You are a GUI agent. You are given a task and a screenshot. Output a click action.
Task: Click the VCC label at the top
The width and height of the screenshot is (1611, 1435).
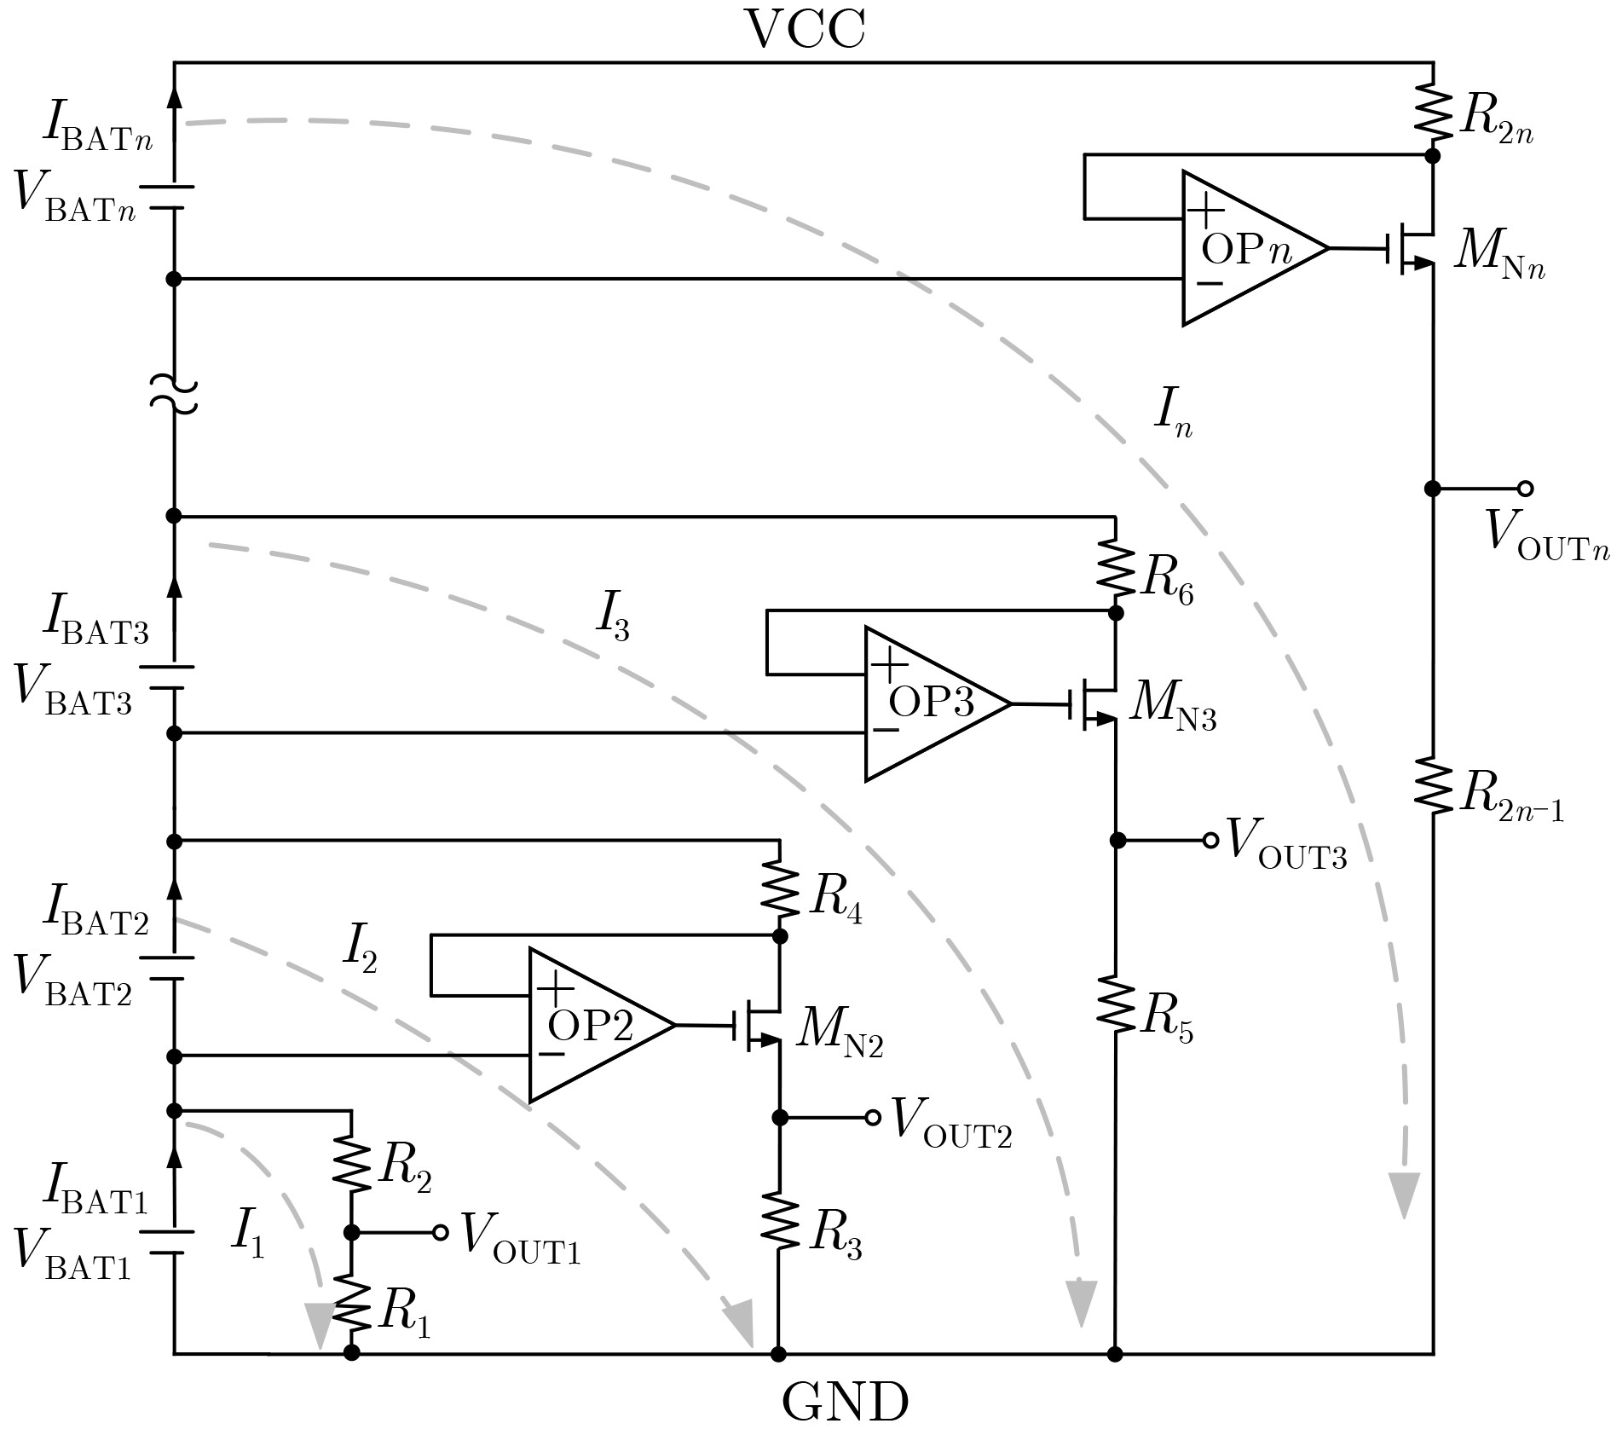pyautogui.click(x=805, y=30)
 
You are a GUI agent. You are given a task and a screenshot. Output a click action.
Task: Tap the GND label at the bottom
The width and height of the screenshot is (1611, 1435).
pyautogui.click(x=845, y=1403)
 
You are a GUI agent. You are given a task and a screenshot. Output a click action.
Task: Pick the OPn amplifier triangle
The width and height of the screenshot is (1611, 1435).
pyautogui.click(x=1252, y=248)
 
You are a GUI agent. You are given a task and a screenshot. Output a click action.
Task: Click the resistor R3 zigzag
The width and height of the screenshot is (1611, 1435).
pyautogui.click(x=778, y=1222)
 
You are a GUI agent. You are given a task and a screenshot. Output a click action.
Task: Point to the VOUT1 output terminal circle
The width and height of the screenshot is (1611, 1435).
pyautogui.click(x=441, y=1232)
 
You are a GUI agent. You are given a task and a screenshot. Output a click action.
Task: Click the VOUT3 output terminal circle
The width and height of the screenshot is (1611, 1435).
pyautogui.click(x=1210, y=841)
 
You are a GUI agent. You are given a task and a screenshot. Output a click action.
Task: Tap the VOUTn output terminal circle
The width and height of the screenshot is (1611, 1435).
pyautogui.click(x=1526, y=489)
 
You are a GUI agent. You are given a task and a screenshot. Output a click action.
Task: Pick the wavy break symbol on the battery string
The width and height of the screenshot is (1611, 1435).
pyautogui.click(x=174, y=394)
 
